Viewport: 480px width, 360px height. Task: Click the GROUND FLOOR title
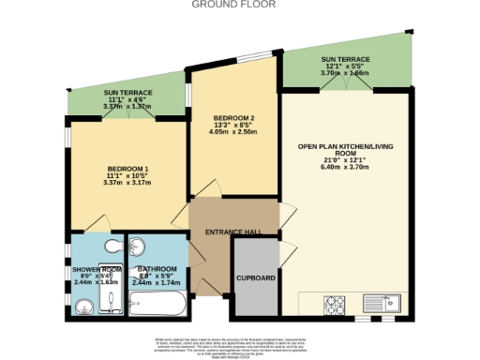tap(239, 4)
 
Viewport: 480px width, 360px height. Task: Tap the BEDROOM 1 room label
tap(127, 169)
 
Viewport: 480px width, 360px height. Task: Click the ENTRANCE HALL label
tap(233, 231)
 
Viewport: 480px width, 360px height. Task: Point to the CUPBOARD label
tap(256, 278)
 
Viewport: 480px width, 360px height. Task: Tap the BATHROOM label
tap(157, 269)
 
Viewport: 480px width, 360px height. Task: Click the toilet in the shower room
tap(112, 247)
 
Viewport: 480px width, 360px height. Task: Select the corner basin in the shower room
tap(82, 306)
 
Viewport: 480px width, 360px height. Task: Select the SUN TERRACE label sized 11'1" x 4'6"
tap(127, 93)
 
